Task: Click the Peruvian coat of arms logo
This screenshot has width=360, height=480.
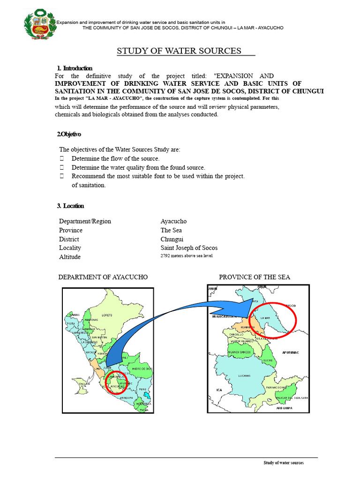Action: [x=39, y=24]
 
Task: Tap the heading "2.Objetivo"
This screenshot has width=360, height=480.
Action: [x=69, y=135]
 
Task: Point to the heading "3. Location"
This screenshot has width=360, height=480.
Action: [x=70, y=206]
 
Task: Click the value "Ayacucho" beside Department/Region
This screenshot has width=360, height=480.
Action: [x=173, y=221]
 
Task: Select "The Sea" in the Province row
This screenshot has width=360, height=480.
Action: [x=171, y=230]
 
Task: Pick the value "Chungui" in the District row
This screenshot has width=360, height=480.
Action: [x=172, y=239]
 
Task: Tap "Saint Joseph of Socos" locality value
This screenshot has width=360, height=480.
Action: [x=189, y=248]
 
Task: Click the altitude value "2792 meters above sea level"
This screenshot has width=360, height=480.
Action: [x=187, y=256]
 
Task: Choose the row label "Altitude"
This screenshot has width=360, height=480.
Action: [x=70, y=257]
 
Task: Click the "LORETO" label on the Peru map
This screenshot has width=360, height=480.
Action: [x=107, y=315]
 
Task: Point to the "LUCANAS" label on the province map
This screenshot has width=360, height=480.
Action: [x=244, y=375]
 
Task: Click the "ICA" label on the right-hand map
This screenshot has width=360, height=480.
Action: [x=218, y=390]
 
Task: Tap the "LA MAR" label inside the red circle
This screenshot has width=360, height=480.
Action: [x=265, y=318]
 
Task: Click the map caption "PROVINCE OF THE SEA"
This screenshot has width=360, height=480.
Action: [x=255, y=277]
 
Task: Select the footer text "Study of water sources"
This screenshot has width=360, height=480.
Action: [x=283, y=463]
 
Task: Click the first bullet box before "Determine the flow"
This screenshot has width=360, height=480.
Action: [x=61, y=159]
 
